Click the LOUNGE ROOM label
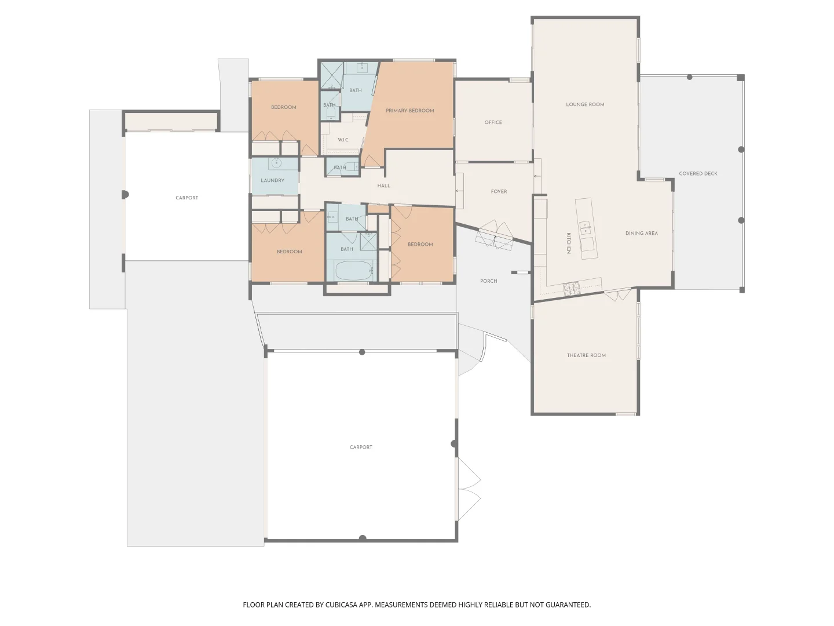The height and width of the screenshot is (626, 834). [x=585, y=105]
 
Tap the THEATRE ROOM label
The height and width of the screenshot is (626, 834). [x=586, y=355]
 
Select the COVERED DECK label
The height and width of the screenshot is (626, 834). [x=698, y=174]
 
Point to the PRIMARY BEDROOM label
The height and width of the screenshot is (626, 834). [x=409, y=111]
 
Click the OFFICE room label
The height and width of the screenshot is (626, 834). [x=493, y=122]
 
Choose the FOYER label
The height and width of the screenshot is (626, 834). [x=499, y=192]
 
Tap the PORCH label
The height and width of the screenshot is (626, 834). [x=488, y=281]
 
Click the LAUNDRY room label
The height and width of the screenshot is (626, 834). [x=272, y=181]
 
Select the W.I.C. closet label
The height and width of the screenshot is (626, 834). [x=343, y=140]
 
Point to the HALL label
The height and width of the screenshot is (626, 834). [x=383, y=186]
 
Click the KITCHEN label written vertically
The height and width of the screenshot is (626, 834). [x=569, y=243]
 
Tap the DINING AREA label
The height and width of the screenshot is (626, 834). [x=641, y=234]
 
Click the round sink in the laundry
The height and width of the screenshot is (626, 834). [x=276, y=163]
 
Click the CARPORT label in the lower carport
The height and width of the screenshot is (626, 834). [x=361, y=447]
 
